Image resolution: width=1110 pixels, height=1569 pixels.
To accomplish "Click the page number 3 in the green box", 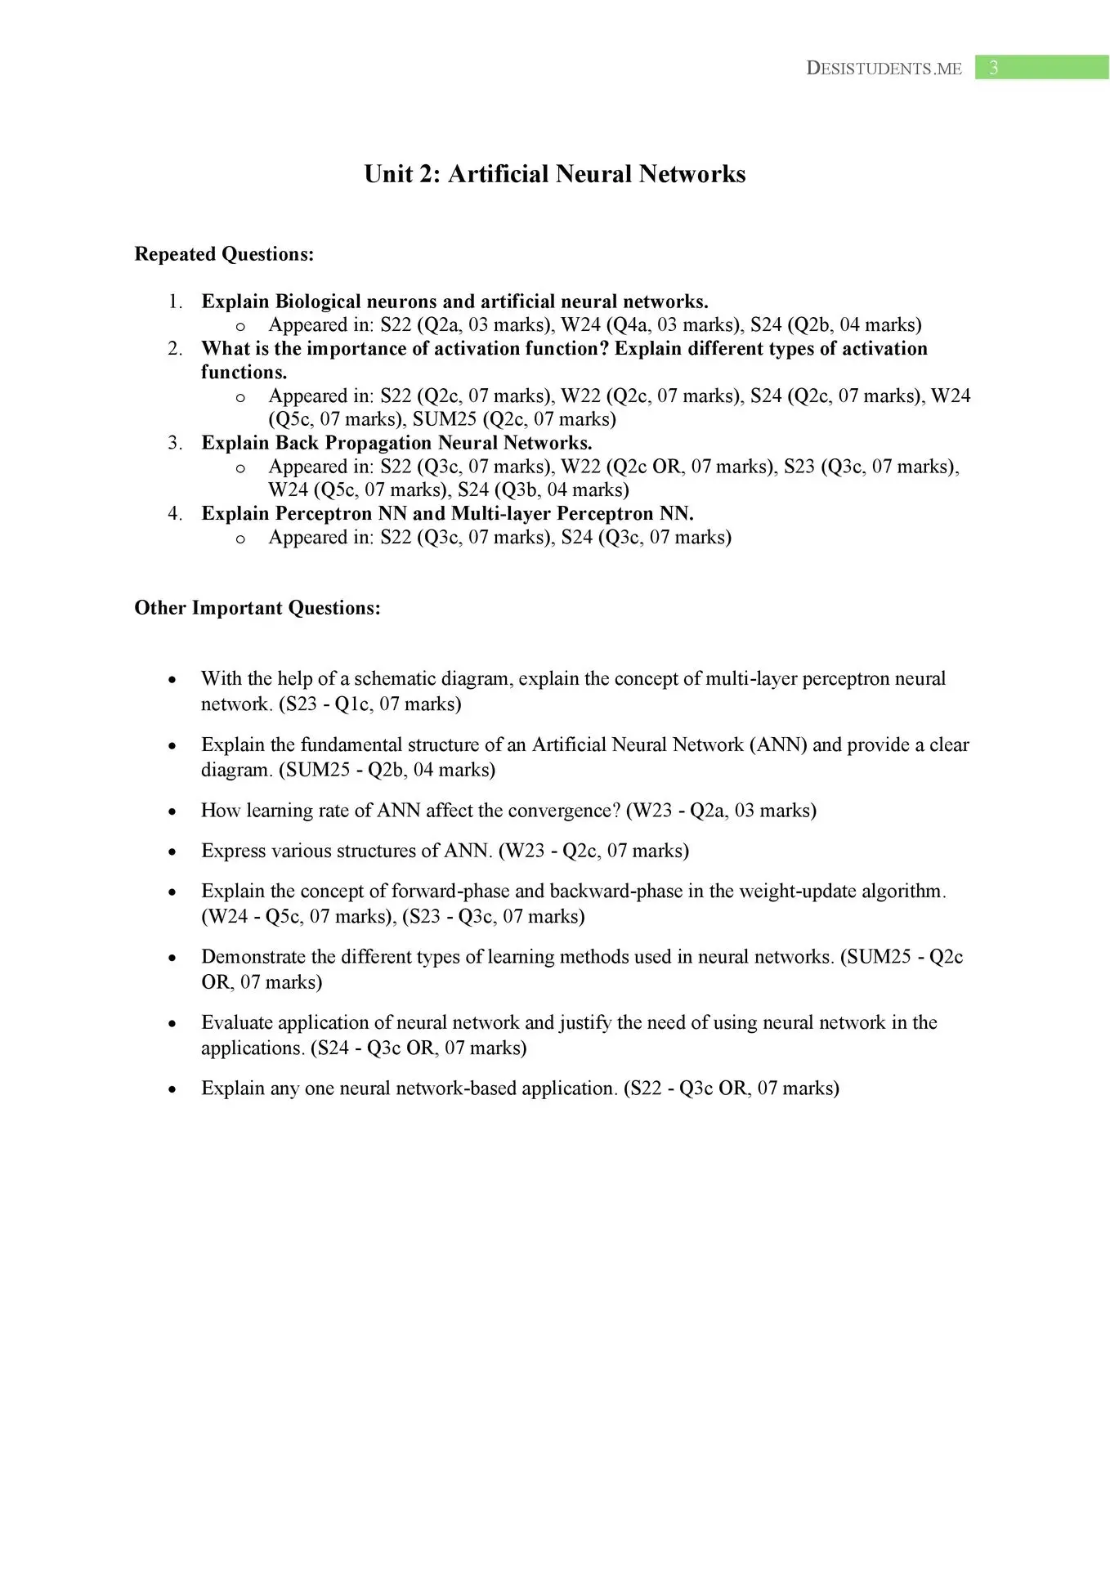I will coord(993,68).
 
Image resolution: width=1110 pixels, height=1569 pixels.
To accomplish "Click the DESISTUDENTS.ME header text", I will coord(884,69).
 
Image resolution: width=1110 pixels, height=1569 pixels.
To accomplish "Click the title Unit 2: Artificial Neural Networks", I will coord(554,174).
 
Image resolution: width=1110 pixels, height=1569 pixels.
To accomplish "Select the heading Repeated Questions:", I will coord(224,254).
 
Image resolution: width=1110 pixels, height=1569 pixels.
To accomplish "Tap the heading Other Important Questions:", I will coord(257,608).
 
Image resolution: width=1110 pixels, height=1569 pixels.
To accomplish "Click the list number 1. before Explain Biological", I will coord(176,302).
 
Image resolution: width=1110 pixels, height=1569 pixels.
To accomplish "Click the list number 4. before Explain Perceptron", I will coord(176,513).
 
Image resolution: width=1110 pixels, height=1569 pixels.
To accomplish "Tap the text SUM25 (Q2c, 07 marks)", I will coord(514,419).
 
